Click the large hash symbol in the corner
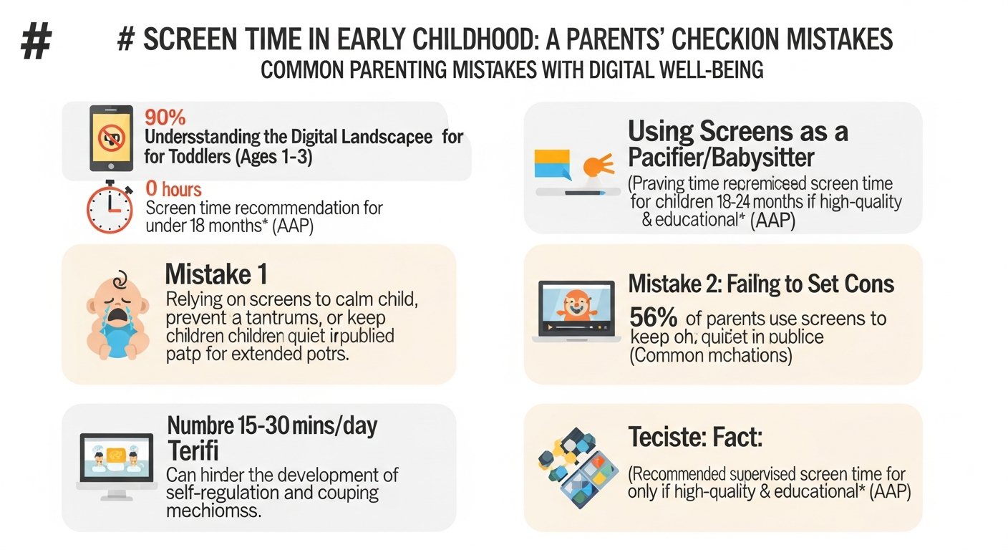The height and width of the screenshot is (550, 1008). tap(36, 41)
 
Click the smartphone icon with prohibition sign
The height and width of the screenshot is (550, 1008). tap(111, 137)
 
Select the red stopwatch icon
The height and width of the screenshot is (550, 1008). tap(109, 208)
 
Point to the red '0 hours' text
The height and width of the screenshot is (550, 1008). tap(173, 190)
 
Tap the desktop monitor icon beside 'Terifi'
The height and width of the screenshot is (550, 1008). tap(115, 465)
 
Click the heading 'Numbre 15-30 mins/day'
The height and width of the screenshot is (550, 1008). tap(272, 425)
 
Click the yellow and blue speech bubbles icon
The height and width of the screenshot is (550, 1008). tap(552, 163)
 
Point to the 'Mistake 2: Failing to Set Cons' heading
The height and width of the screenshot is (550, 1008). tap(761, 284)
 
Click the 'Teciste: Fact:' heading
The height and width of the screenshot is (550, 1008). tap(694, 436)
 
